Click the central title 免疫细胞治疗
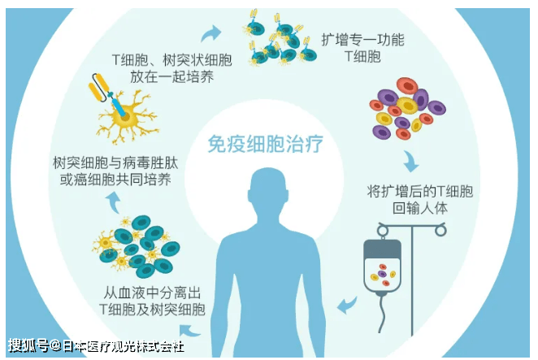[265, 144]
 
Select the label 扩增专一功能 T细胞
[362, 48]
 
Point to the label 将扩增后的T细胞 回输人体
[420, 200]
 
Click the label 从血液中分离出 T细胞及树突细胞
[152, 301]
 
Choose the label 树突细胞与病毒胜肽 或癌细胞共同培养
[115, 171]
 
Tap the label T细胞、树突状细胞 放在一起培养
[172, 68]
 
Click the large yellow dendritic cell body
[125, 117]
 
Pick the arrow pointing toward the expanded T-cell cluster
[210, 33]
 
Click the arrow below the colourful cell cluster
[410, 161]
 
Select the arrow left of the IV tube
[346, 305]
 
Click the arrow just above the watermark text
[189, 331]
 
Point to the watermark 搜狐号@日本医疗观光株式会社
[96, 345]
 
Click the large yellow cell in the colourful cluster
[407, 106]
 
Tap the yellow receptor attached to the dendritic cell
[98, 88]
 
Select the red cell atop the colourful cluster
[407, 86]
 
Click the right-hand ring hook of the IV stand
[440, 230]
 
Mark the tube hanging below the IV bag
[382, 313]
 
